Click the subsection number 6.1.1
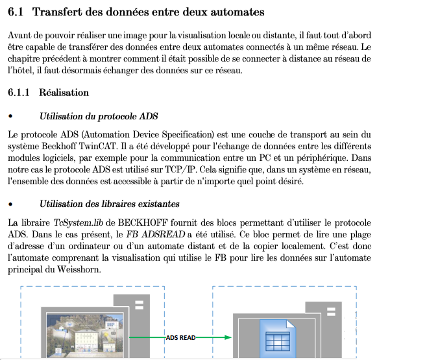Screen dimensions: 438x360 pos(19,92)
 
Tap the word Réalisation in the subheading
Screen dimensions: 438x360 pos(64,92)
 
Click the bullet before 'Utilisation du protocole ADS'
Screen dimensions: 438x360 pos(10,117)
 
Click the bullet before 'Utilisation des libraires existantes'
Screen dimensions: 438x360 pos(10,204)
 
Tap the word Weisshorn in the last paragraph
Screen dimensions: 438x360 pos(80,269)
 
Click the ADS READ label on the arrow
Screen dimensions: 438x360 pos(180,337)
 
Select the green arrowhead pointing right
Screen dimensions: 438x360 pos(226,337)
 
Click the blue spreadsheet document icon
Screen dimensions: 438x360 pos(277,337)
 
